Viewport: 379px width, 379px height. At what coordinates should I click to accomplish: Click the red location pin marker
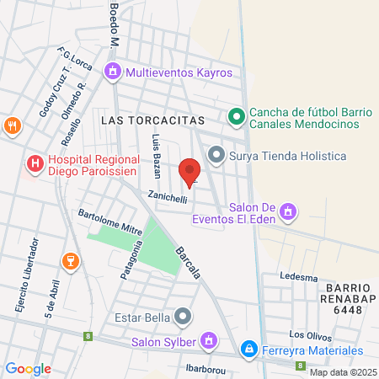point(190,172)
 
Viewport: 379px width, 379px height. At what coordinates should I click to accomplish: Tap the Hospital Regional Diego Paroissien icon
point(35,163)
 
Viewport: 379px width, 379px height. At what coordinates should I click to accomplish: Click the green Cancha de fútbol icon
point(237,116)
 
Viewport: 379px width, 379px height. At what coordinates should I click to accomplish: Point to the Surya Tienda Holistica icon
point(216,156)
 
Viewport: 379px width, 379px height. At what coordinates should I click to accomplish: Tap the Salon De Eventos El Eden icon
point(289,210)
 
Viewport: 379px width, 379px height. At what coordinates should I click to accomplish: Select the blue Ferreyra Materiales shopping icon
point(248,349)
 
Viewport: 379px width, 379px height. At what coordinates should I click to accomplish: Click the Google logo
point(28,368)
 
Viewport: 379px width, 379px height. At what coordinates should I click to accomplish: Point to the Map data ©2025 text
point(343,372)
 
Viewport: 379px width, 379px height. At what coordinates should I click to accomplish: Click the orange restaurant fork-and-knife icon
point(12,126)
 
